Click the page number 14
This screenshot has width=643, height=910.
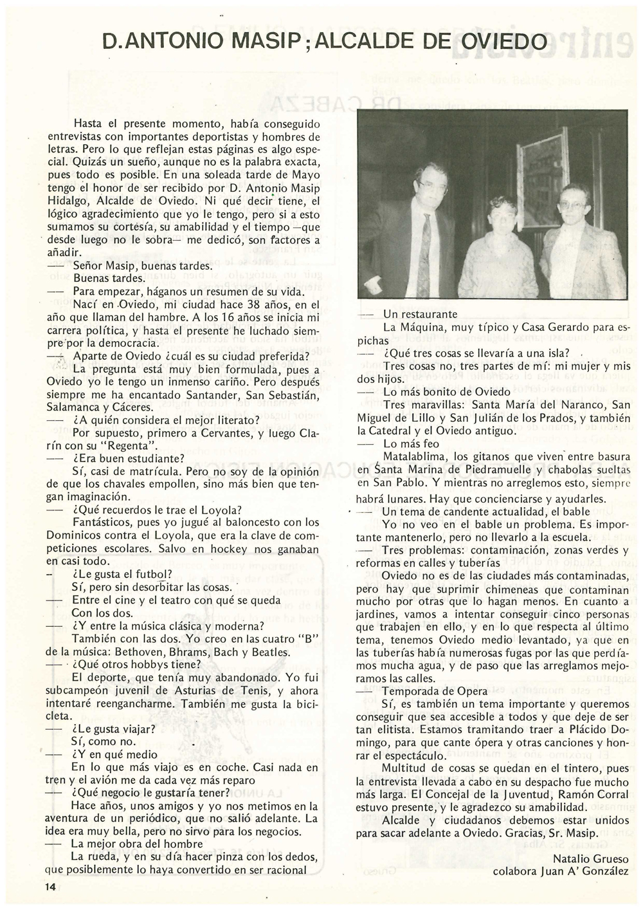[51, 886]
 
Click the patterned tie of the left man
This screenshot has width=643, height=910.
[426, 248]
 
